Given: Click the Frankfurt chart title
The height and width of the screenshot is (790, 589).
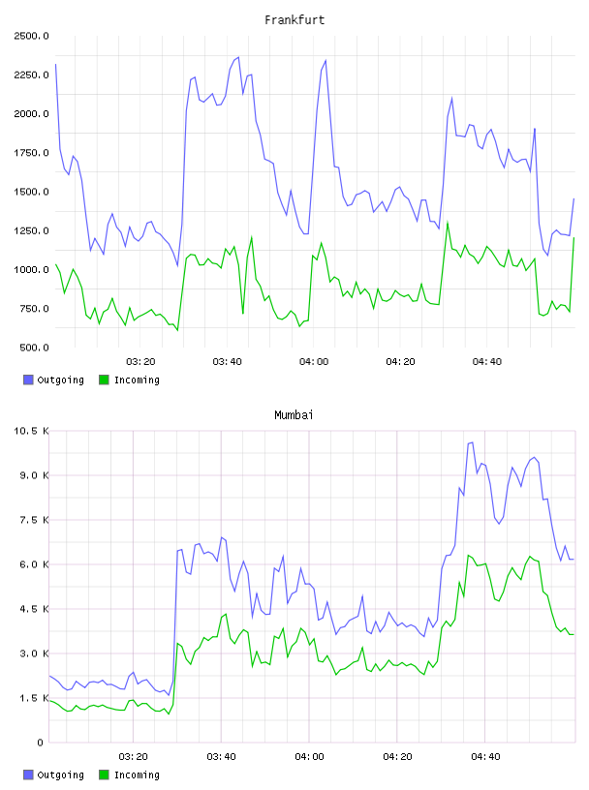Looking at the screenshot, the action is click(x=294, y=20).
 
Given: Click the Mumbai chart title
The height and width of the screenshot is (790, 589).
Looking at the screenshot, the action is click(x=294, y=415).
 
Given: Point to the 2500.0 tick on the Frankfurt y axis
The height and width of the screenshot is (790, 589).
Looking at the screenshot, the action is click(x=31, y=36).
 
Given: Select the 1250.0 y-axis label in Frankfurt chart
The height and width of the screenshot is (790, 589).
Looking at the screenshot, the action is click(x=31, y=230).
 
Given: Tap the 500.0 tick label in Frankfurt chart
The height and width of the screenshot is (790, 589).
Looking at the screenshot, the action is click(x=34, y=348).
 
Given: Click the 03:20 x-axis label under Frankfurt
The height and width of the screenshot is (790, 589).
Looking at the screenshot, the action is click(x=140, y=362).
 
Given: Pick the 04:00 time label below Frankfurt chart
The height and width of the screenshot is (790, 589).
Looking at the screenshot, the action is click(x=314, y=362).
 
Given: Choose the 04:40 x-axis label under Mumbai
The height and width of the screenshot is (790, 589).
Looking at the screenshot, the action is click(x=485, y=757).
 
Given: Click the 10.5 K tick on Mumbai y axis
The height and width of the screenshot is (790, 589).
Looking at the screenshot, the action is click(x=31, y=431).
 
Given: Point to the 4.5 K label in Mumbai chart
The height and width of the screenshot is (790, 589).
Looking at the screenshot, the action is click(x=34, y=609).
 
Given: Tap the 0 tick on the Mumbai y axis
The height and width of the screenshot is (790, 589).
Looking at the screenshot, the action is click(x=40, y=743).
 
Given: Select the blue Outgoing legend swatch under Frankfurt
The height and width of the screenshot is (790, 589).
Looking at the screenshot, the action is click(x=28, y=380).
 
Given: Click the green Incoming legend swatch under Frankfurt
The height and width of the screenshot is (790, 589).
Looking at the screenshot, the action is click(x=104, y=380).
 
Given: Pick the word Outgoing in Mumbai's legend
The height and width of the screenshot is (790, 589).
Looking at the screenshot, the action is click(x=60, y=775).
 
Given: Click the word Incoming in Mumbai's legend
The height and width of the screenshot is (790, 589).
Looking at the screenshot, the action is click(x=137, y=775).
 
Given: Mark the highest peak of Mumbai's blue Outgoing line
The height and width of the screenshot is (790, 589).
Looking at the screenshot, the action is click(x=472, y=442).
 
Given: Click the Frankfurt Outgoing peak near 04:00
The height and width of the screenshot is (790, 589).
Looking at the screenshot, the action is click(x=325, y=60).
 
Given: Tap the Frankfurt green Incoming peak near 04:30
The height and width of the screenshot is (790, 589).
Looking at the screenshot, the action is click(x=448, y=222).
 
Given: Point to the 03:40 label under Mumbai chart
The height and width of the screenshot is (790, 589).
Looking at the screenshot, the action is click(x=221, y=757).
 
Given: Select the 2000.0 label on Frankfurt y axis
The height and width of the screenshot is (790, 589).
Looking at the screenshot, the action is click(x=31, y=114).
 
